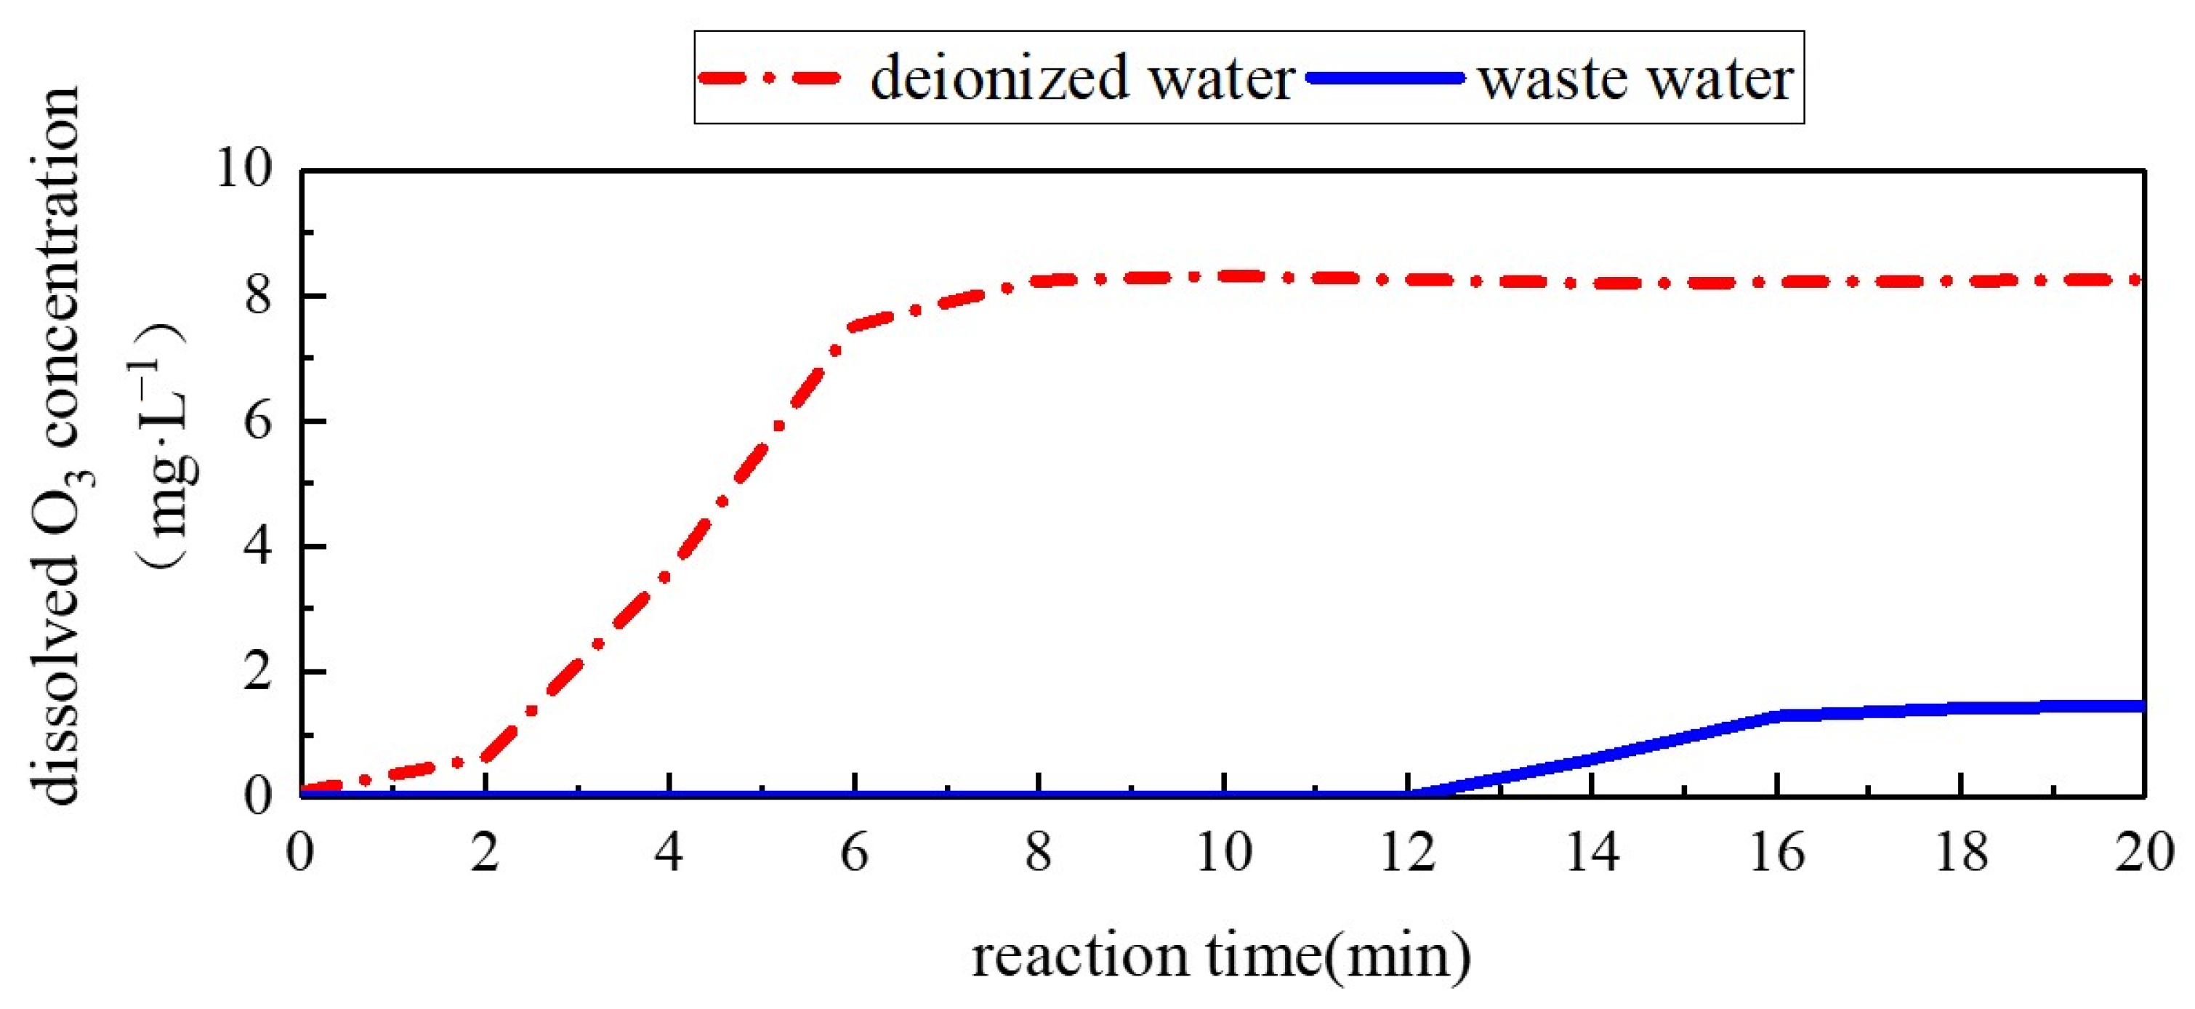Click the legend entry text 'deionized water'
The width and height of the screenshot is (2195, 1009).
pos(1082,79)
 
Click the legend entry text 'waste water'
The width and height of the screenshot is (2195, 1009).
pos(1636,79)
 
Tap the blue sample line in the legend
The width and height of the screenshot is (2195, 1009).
pos(1385,79)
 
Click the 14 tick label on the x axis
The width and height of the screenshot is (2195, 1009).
pos(1592,851)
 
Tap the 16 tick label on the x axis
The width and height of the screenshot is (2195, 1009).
pos(1776,851)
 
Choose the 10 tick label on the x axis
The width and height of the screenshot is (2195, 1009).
pos(1224,851)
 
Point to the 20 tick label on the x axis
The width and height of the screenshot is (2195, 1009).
pos(2144,851)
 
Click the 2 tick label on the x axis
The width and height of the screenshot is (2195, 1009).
pos(484,851)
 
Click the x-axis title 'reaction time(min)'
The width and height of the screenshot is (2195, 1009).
pos(1221,955)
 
